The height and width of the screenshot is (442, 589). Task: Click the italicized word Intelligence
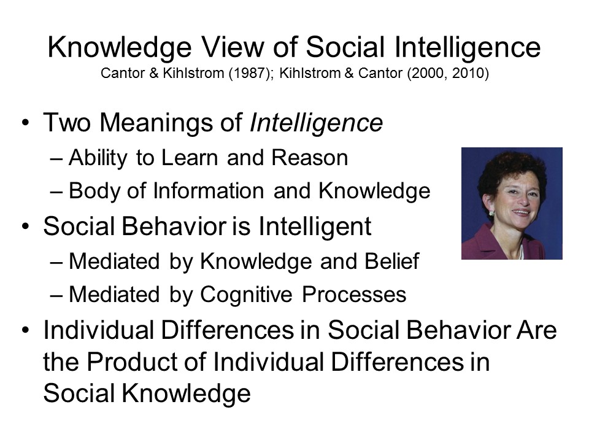pyautogui.click(x=317, y=123)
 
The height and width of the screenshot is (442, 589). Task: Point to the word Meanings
pyautogui.click(x=158, y=123)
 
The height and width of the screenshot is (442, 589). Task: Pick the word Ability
pyautogui.click(x=98, y=158)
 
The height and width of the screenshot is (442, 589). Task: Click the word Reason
pyautogui.click(x=310, y=158)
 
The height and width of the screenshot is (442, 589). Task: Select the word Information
pyautogui.click(x=209, y=190)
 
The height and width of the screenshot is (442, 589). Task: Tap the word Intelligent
pyautogui.click(x=315, y=227)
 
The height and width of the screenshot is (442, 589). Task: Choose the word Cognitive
pyautogui.click(x=246, y=294)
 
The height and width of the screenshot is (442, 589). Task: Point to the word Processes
pyautogui.click(x=354, y=294)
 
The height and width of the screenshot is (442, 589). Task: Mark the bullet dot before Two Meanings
pyautogui.click(x=25, y=123)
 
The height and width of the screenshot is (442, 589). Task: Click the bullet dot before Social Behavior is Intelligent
pyautogui.click(x=25, y=227)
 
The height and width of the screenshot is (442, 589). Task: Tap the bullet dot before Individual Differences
pyautogui.click(x=25, y=330)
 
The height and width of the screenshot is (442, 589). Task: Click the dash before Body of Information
pyautogui.click(x=56, y=192)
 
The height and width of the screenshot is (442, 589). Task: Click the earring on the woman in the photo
pyautogui.click(x=491, y=213)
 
